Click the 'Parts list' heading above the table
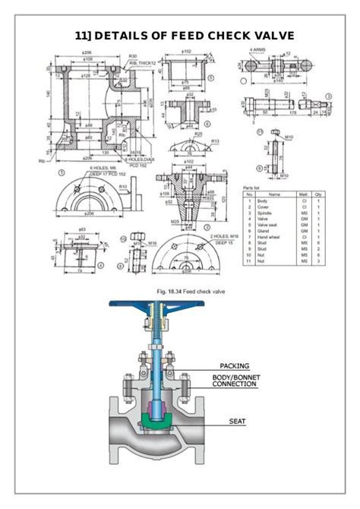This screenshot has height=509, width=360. point(253,187)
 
